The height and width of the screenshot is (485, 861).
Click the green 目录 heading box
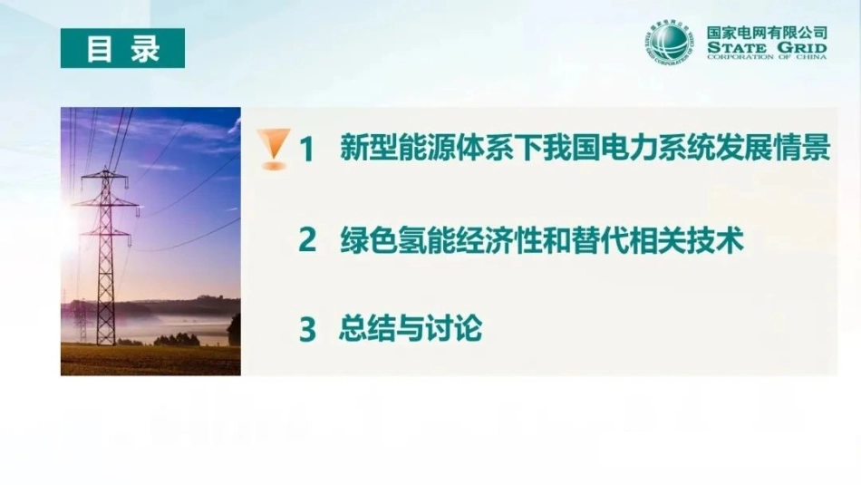[122, 48]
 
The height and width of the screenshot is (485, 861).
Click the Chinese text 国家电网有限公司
[767, 34]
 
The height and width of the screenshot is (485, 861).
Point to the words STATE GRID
[767, 48]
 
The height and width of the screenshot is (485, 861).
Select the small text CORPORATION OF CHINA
[767, 56]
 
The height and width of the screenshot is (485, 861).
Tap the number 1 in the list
[307, 149]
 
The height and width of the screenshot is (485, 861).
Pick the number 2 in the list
[307, 239]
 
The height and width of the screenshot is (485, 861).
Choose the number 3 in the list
[307, 329]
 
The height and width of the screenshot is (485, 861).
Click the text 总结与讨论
[411, 328]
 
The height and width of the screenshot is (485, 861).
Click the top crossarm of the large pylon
[104, 177]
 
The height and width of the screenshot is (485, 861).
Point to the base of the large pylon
[105, 341]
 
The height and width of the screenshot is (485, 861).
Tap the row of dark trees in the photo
[177, 340]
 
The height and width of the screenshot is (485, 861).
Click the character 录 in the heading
[145, 48]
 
